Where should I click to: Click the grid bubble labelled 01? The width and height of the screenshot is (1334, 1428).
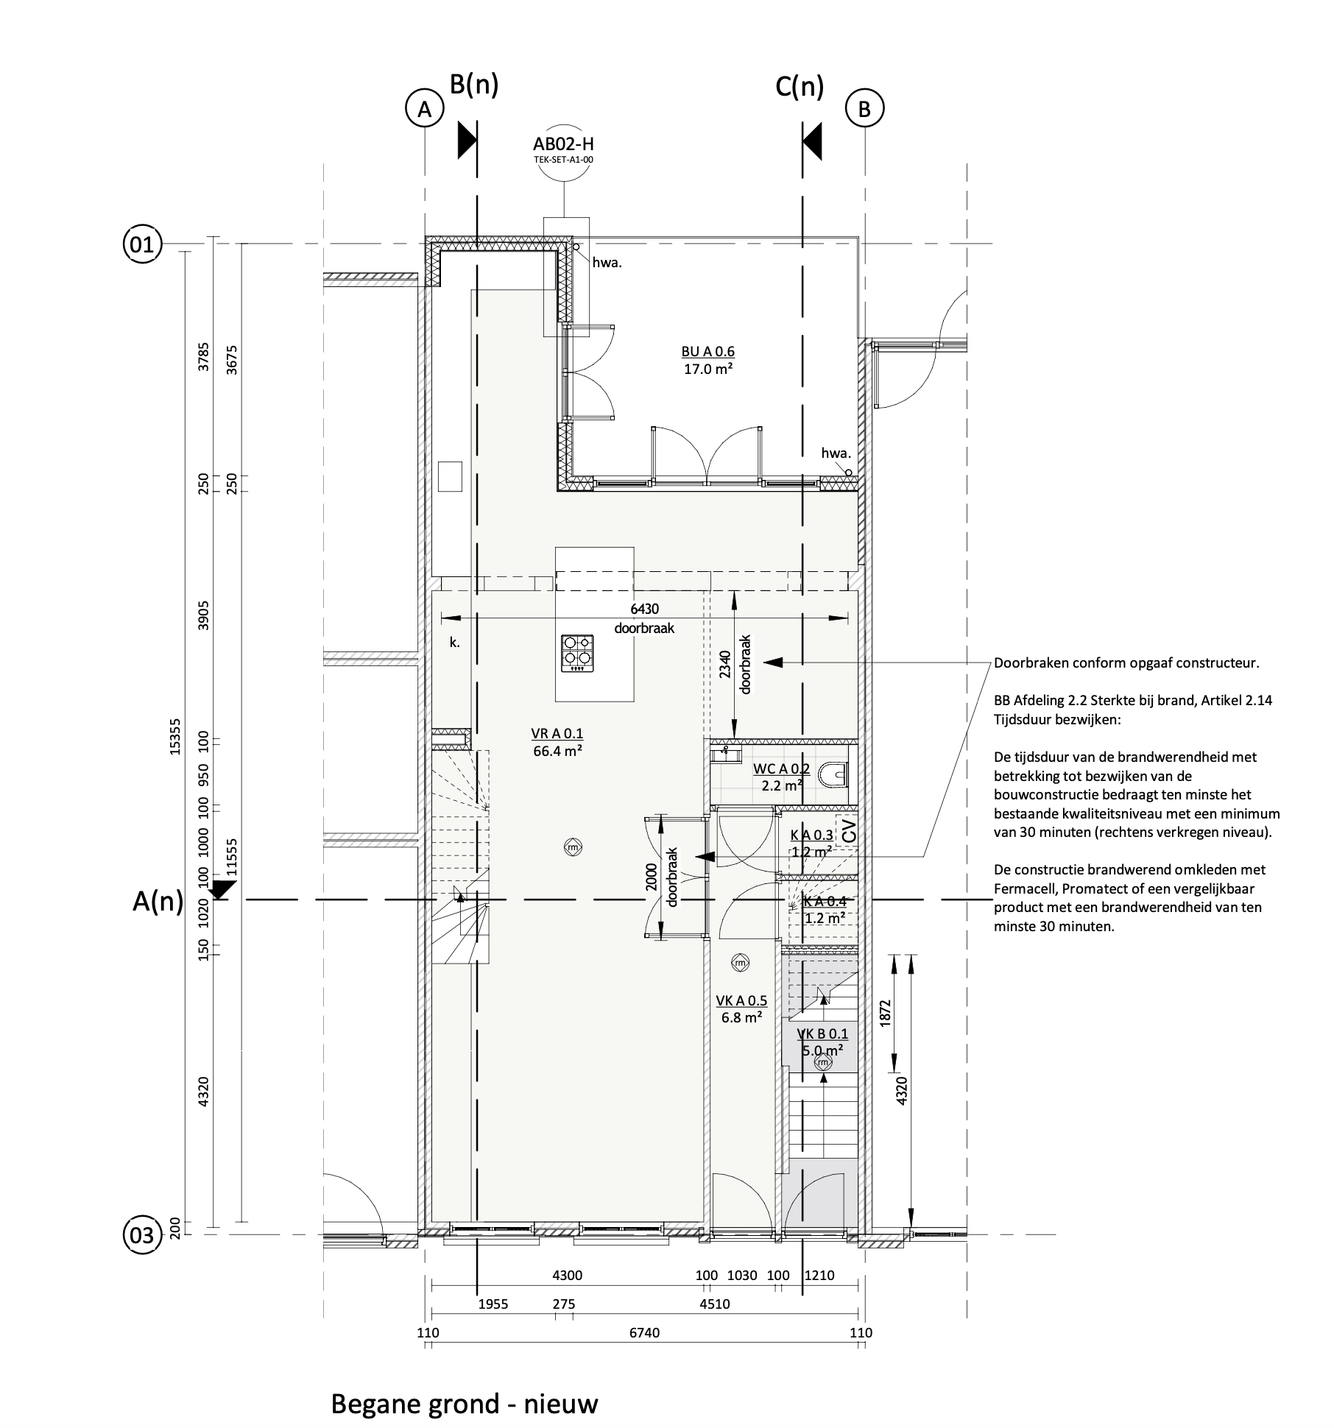click(141, 244)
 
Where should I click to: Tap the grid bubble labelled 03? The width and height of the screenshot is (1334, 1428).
click(141, 1234)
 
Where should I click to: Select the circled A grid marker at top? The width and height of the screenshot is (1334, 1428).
click(424, 109)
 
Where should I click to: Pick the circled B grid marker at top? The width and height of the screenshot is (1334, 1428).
click(864, 109)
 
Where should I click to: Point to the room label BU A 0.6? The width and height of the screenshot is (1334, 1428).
click(708, 351)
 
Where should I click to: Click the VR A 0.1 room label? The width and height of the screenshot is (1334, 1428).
click(557, 733)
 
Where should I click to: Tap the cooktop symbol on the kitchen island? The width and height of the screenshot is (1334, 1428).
click(577, 654)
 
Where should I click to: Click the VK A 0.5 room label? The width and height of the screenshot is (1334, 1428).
click(741, 1000)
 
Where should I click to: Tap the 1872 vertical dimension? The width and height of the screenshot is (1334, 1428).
click(885, 1014)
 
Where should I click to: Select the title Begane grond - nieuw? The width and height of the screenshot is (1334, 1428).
click(465, 1382)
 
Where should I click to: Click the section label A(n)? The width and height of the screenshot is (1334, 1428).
click(158, 901)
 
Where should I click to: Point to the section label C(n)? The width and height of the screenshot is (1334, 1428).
click(800, 87)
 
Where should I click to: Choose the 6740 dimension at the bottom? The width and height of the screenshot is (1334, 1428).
click(646, 1333)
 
